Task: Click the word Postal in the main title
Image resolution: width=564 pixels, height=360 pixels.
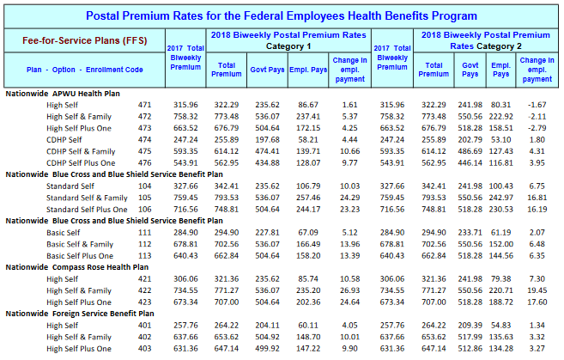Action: point(102,15)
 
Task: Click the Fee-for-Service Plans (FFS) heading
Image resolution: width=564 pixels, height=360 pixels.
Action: point(84,40)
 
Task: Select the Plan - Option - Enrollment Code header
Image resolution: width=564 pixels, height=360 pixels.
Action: point(84,70)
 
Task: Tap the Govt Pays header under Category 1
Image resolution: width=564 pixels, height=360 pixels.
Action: point(267,70)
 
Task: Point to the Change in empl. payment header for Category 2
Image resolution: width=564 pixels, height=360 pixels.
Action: point(537,70)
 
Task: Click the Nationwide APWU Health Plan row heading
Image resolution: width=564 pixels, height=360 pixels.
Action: point(63,94)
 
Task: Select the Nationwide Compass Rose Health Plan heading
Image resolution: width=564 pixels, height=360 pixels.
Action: point(77,267)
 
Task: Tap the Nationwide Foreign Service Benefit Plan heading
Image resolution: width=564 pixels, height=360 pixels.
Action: point(80,314)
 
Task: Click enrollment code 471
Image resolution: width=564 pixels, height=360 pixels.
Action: point(144,105)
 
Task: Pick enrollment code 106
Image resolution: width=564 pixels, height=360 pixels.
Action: point(144,209)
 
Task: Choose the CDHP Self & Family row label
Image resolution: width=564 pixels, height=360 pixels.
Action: point(81,151)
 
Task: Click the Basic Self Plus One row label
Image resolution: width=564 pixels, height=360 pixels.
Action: point(80,255)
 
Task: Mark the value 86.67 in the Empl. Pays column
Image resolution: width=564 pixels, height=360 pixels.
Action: point(308,105)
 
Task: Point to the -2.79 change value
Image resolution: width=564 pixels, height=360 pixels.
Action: point(537,128)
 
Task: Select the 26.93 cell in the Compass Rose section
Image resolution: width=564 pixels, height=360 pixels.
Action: point(349,290)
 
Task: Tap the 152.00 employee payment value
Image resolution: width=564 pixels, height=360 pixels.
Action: point(501,244)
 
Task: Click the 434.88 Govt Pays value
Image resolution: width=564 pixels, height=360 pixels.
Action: point(267,162)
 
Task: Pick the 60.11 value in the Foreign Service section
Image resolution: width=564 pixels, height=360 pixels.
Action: point(308,325)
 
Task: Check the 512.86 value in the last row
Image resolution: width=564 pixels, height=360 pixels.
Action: point(470,349)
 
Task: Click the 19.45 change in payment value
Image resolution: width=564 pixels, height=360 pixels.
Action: point(537,290)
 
